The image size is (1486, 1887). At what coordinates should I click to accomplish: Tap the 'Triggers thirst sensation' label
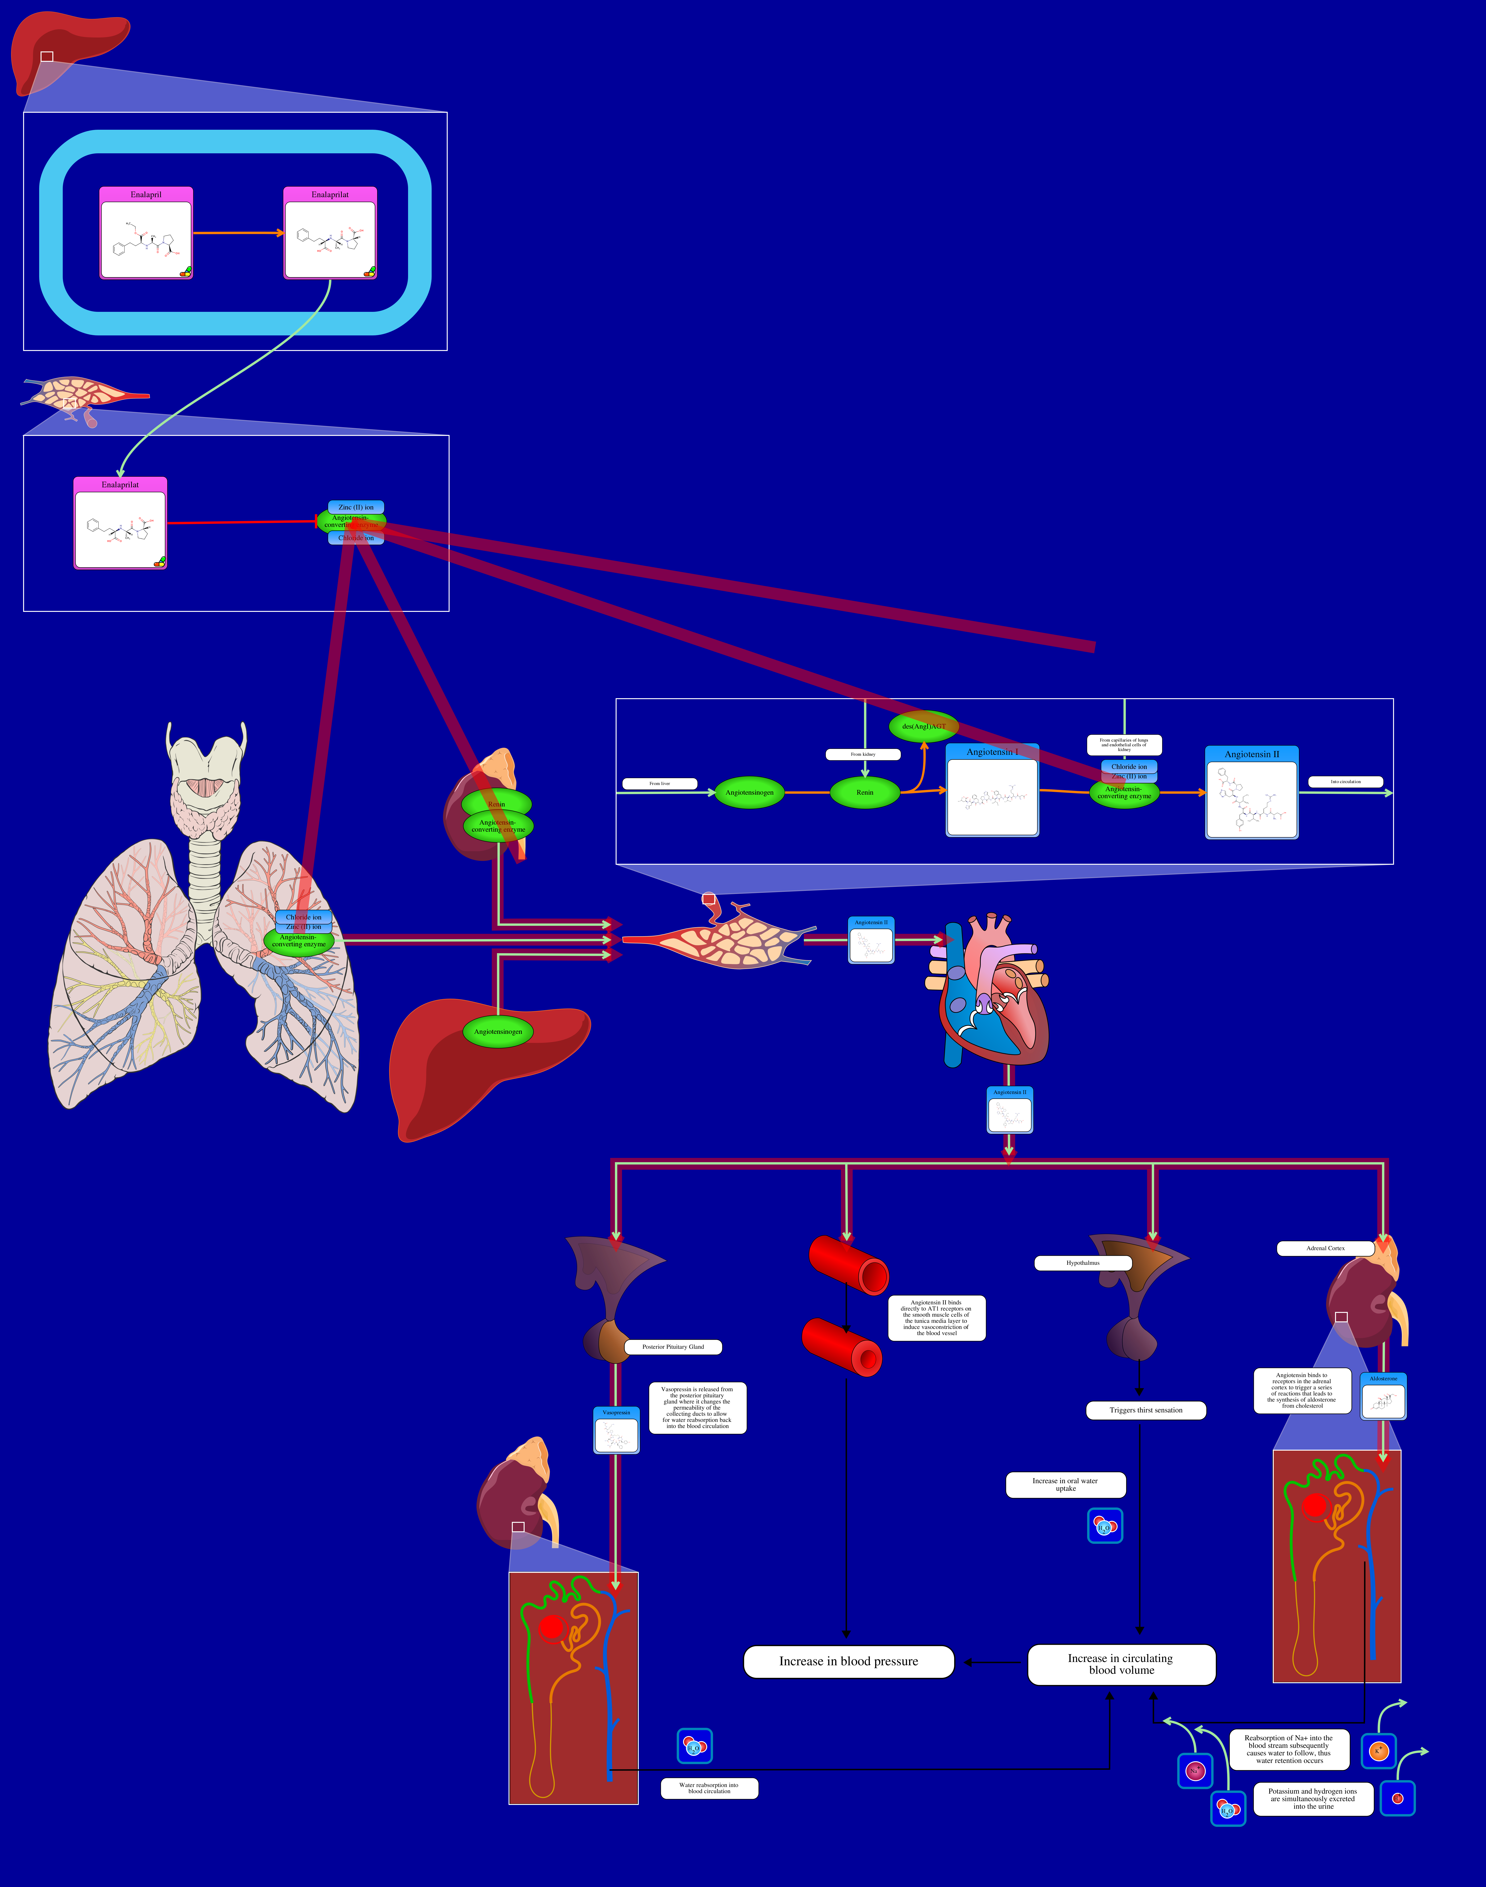pyautogui.click(x=1146, y=1410)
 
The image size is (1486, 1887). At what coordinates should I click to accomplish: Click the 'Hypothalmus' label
pyautogui.click(x=1083, y=1262)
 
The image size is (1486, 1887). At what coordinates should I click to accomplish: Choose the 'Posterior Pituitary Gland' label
pyautogui.click(x=672, y=1347)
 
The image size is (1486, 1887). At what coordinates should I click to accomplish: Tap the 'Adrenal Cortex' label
pyautogui.click(x=1325, y=1248)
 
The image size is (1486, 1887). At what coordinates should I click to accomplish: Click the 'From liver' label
pyautogui.click(x=660, y=784)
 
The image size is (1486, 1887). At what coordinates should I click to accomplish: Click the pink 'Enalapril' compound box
pyautogui.click(x=146, y=233)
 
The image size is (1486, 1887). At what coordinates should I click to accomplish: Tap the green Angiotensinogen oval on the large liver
pyautogui.click(x=498, y=1032)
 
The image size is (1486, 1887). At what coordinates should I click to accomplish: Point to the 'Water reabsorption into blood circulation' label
pyautogui.click(x=709, y=1788)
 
